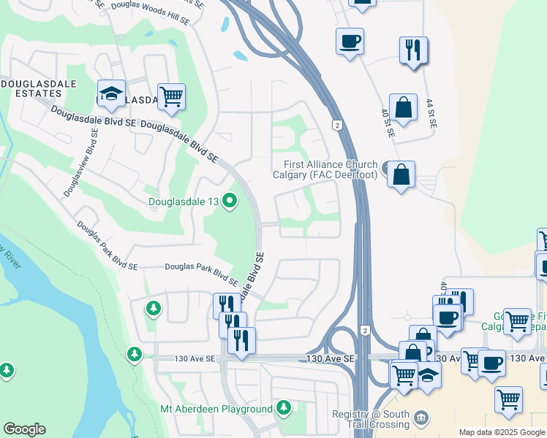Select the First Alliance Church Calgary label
tap(325, 169)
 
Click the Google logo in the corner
tap(24, 429)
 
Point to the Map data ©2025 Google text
tap(502, 432)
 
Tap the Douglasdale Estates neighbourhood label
tap(31, 89)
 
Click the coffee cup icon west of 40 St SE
tap(350, 41)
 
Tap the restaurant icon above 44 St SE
tap(414, 50)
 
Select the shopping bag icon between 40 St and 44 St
tap(403, 107)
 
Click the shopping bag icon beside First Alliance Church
tap(401, 175)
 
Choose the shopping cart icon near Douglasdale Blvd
tap(171, 96)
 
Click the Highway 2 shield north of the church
tap(337, 125)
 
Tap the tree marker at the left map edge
tap(7, 371)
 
